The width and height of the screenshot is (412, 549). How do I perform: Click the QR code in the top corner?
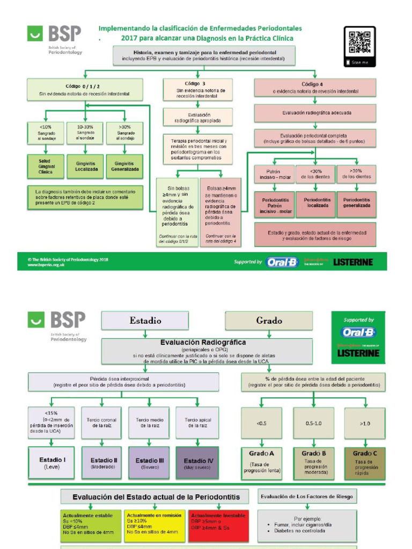click(x=359, y=43)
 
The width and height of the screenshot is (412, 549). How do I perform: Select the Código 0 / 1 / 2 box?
click(x=85, y=89)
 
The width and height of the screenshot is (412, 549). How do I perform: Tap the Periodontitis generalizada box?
click(x=356, y=203)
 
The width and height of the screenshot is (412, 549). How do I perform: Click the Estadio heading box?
click(x=145, y=321)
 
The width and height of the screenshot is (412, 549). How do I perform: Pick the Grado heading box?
click(x=269, y=321)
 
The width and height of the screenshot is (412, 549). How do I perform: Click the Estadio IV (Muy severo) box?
click(x=197, y=463)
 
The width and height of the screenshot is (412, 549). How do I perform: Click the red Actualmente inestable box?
click(x=218, y=525)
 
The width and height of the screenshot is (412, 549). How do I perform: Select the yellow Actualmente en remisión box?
click(x=155, y=525)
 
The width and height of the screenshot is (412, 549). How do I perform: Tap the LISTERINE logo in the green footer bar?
click(x=352, y=262)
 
